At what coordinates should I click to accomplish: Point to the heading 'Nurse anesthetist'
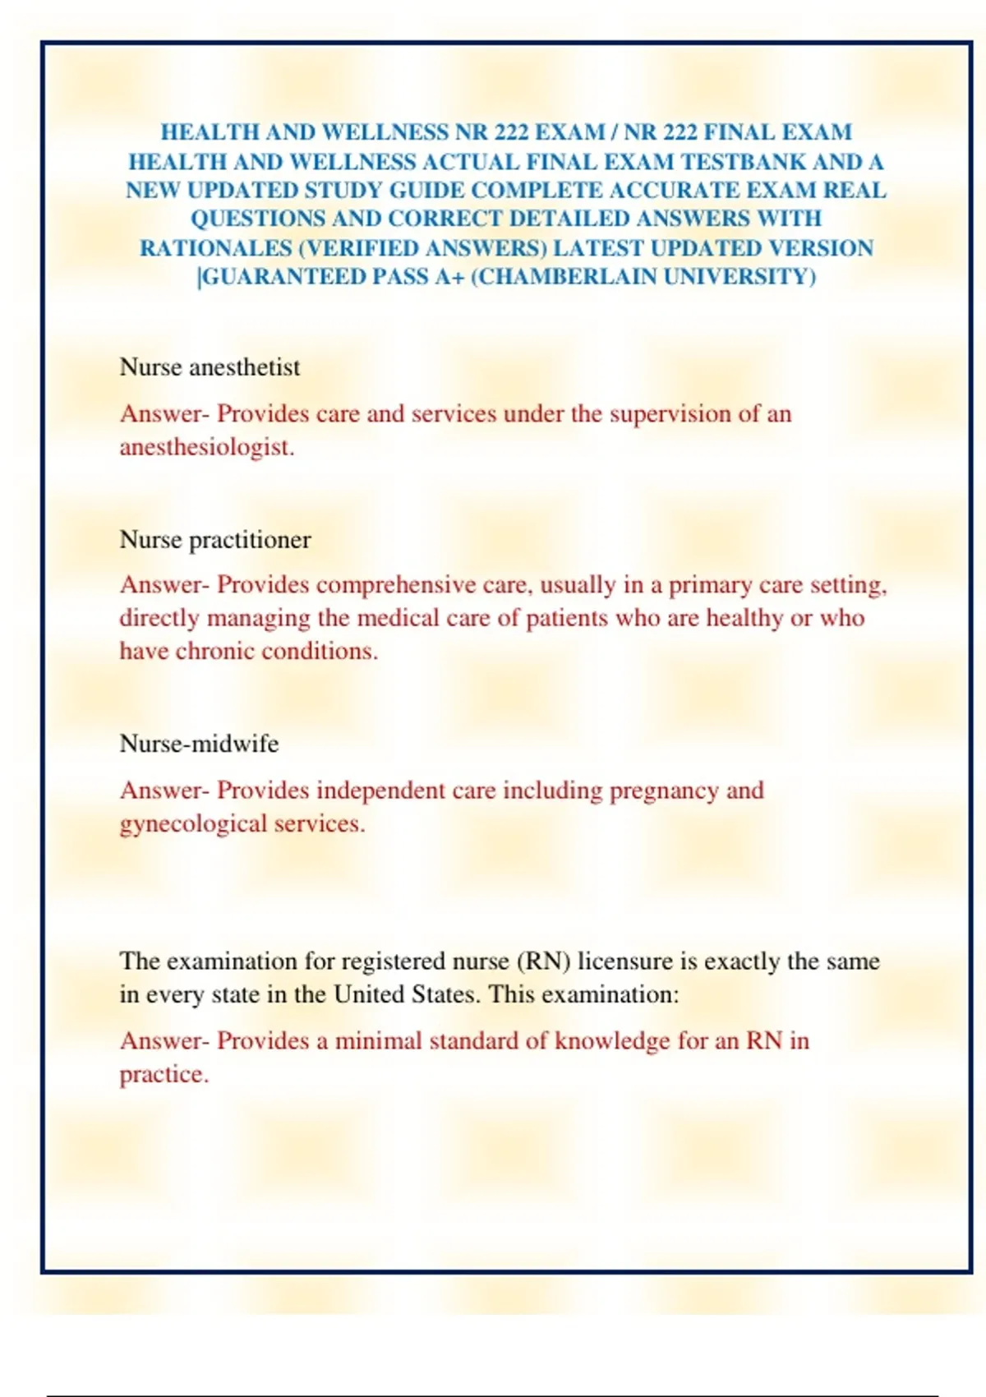pyautogui.click(x=210, y=367)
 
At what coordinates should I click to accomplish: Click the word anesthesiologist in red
pyautogui.click(x=206, y=448)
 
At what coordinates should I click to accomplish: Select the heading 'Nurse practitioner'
pyautogui.click(x=215, y=540)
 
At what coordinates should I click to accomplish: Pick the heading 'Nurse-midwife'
pyautogui.click(x=199, y=744)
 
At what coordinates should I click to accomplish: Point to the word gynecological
pyautogui.click(x=193, y=824)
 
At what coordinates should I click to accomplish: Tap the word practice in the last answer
pyautogui.click(x=163, y=1075)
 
